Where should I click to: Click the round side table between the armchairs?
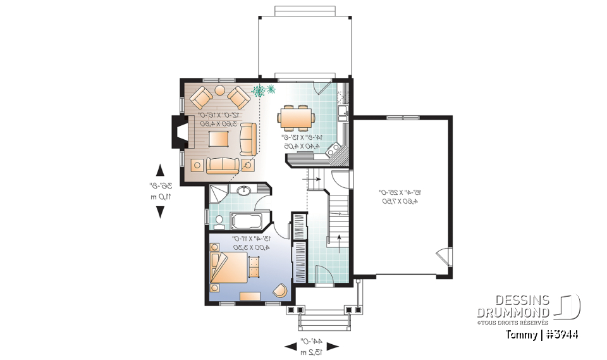(x=220, y=90)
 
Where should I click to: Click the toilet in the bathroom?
(x=219, y=221)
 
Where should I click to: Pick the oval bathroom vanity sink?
(x=244, y=190)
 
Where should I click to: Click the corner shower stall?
(x=220, y=192)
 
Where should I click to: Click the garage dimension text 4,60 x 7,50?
(x=400, y=201)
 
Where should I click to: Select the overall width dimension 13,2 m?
(x=311, y=352)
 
